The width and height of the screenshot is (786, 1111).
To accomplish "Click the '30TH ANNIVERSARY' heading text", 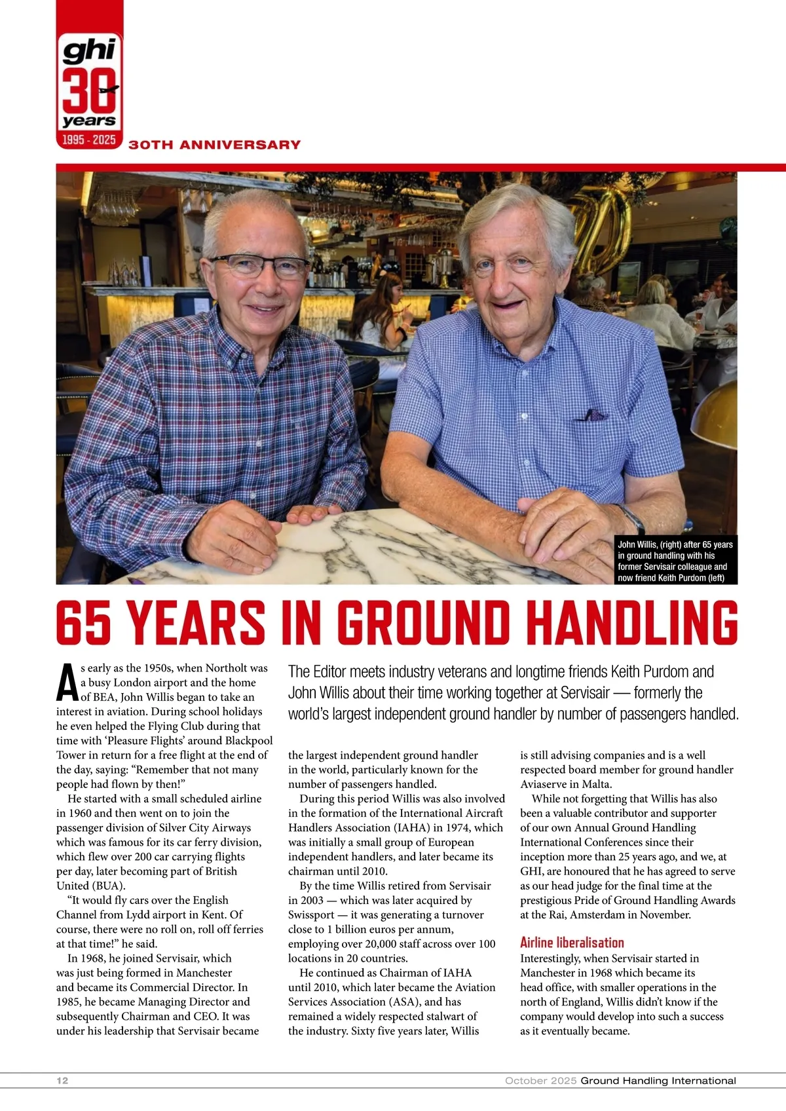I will click(215, 145).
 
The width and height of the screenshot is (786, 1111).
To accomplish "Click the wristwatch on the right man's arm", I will click(631, 518).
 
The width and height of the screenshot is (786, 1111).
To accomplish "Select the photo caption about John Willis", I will click(675, 561).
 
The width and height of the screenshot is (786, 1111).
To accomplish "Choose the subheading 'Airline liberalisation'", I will click(572, 943).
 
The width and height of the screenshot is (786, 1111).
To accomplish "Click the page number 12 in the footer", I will click(62, 1081).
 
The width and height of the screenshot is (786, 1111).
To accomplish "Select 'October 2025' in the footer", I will click(540, 1081).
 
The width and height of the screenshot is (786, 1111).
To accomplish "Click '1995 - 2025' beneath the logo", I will click(89, 140).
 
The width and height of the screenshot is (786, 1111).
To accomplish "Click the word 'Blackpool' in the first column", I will click(249, 741).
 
